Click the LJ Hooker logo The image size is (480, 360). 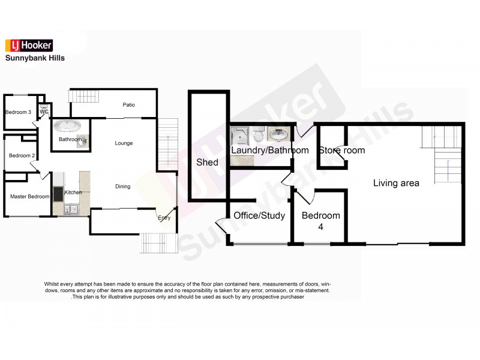click(29, 46)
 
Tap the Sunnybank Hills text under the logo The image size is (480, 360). click(35, 59)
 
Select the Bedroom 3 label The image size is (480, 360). click(18, 113)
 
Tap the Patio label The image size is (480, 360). click(128, 105)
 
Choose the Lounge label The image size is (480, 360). click(124, 143)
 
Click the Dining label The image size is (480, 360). click(122, 187)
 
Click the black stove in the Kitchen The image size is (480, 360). click(58, 194)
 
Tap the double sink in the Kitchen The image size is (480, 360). click(71, 209)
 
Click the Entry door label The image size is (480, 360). click(164, 218)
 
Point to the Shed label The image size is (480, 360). click(208, 163)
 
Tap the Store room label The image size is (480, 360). click(341, 151)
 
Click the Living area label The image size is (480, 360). click(396, 183)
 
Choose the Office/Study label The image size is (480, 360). click(259, 215)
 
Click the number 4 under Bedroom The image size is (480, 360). click(320, 227)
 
